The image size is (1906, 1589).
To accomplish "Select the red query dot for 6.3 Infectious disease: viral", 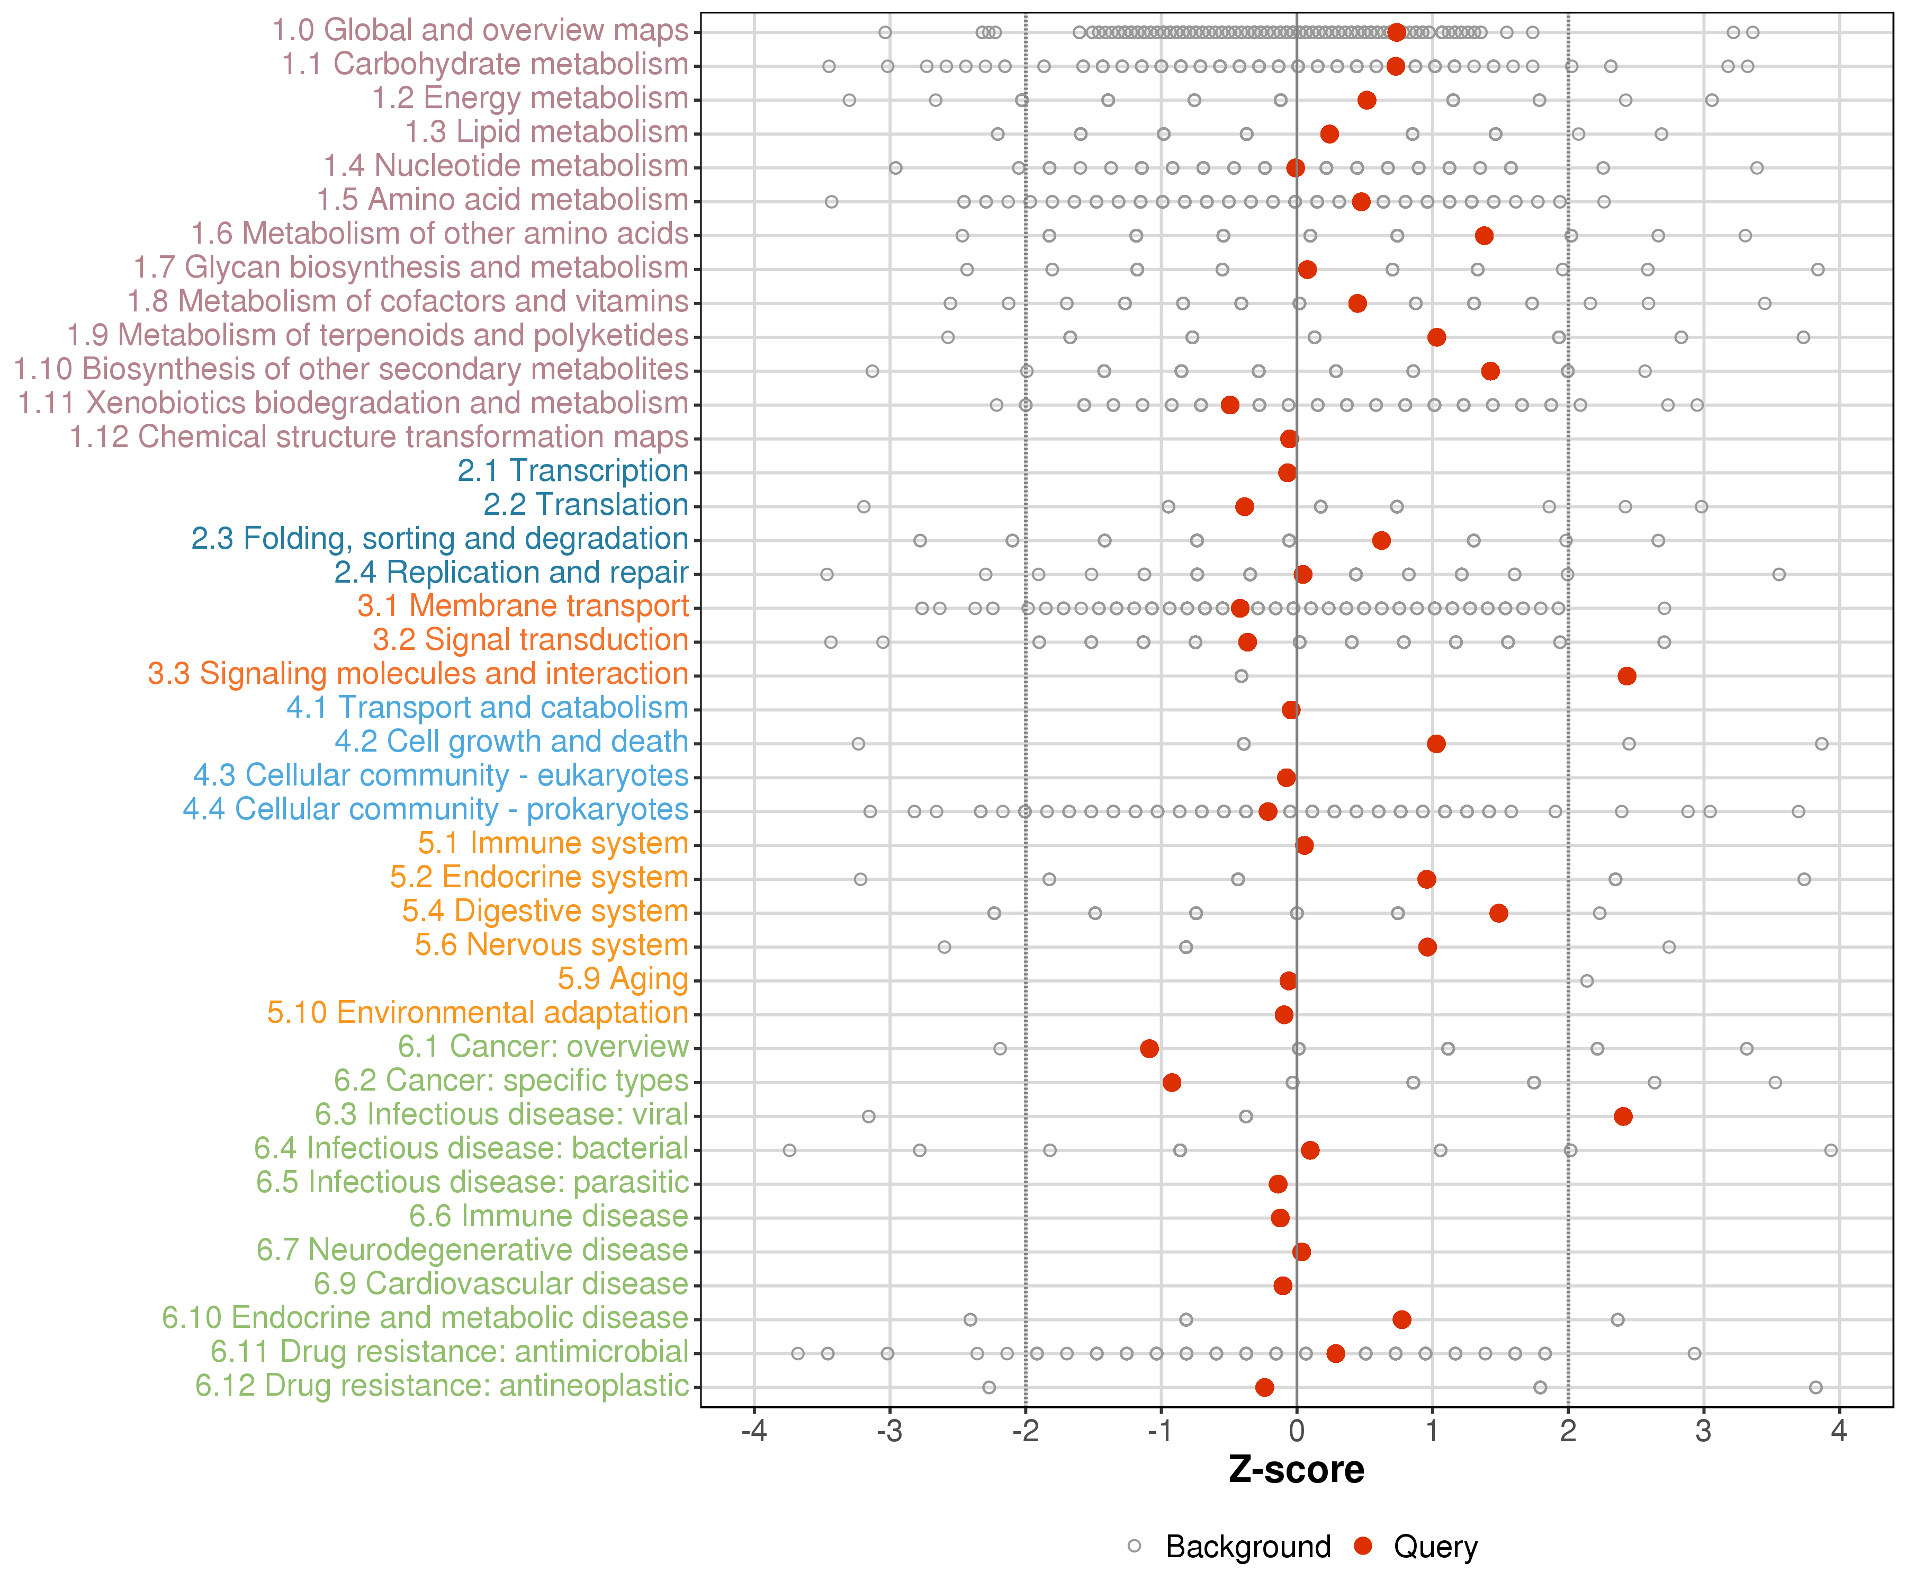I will click(1624, 1116).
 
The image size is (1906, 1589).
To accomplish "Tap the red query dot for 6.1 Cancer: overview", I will click(1149, 1049).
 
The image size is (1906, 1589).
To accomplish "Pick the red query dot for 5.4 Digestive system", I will click(1498, 913).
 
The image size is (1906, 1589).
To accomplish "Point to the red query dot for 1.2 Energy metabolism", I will click(1367, 100).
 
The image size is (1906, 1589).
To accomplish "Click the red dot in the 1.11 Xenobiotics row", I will click(1230, 405).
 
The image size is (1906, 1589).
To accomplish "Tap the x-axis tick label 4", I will click(1839, 1432).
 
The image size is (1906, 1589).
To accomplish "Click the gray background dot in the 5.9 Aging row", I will click(1587, 980).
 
